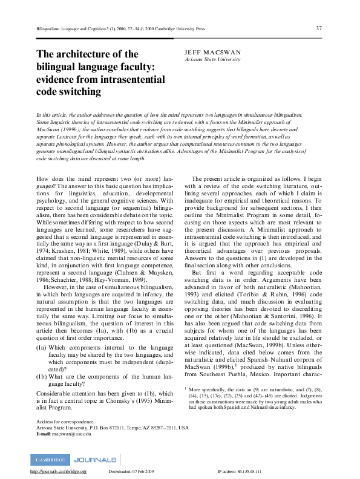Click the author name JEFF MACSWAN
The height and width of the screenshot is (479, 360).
(212, 53)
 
